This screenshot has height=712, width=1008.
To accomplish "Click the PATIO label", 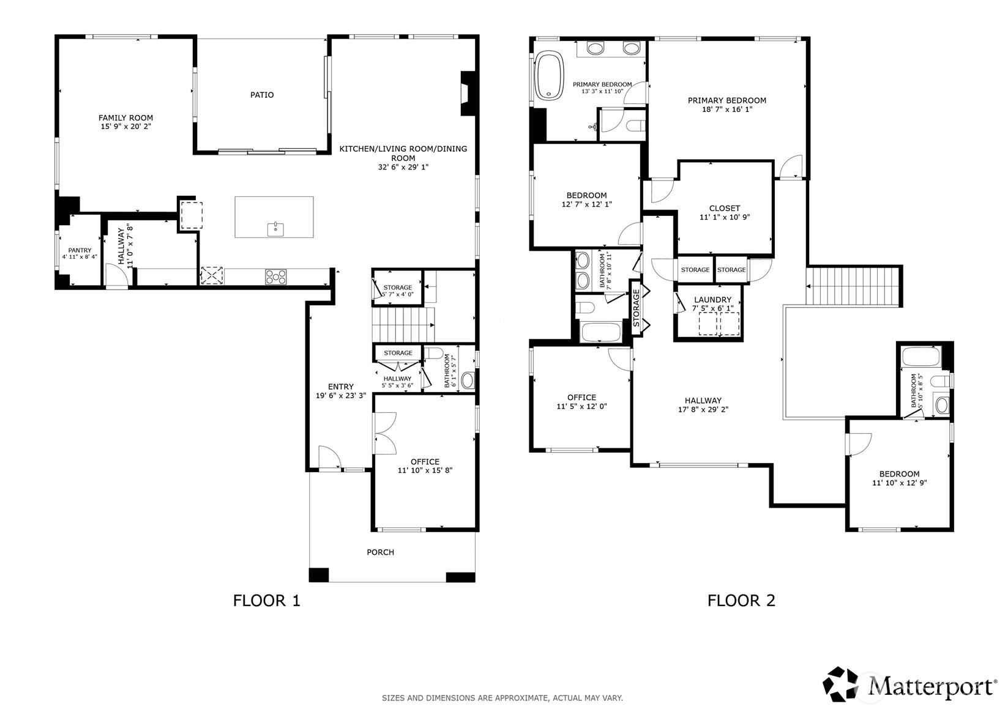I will [x=262, y=95].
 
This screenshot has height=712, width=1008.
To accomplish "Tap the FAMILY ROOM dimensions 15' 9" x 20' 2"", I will [x=125, y=127].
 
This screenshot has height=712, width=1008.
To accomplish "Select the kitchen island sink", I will [x=275, y=229].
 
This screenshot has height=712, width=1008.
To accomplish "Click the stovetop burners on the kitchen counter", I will [x=275, y=276].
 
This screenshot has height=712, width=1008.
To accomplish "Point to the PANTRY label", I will [x=80, y=250].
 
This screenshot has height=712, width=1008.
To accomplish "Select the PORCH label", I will [x=380, y=552].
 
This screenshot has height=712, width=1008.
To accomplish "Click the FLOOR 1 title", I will [x=267, y=601].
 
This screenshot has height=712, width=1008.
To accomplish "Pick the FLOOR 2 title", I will [x=741, y=601].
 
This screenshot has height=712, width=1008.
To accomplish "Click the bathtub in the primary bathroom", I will [x=549, y=76].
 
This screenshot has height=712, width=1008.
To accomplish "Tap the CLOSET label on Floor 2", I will [x=725, y=208].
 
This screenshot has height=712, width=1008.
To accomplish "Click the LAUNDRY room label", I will [x=712, y=300].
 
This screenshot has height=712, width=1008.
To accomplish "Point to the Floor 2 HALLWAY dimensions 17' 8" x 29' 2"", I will [x=703, y=410].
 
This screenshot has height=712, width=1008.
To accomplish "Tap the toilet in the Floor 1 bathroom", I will [x=435, y=354].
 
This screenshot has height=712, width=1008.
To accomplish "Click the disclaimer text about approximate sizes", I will [x=502, y=697].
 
